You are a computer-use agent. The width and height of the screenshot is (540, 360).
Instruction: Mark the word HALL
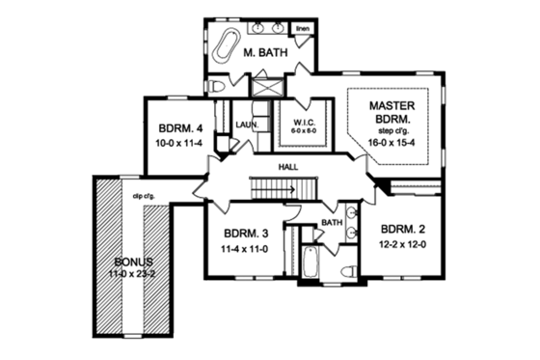[x=287, y=167]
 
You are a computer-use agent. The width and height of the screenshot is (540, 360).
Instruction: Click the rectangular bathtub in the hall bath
[x=311, y=261]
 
